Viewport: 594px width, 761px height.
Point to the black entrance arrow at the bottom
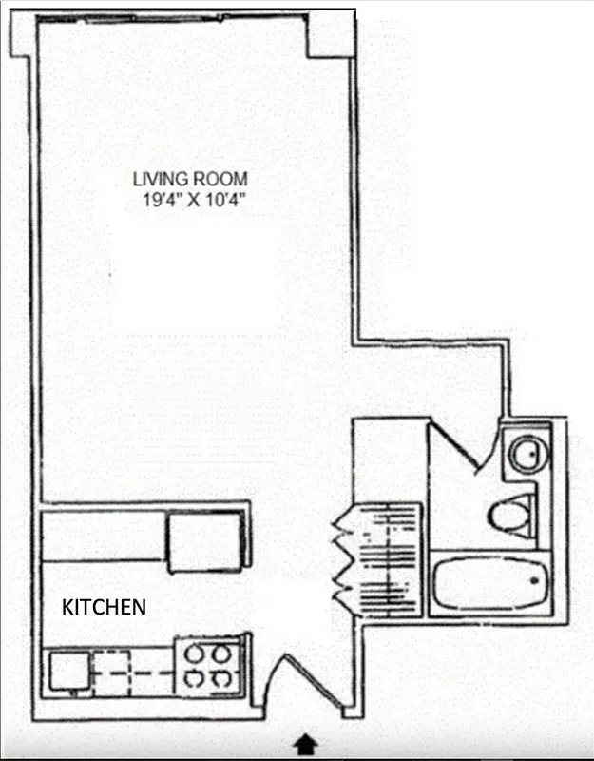(307, 741)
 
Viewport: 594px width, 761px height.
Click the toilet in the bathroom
(508, 518)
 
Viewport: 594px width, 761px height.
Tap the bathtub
(490, 581)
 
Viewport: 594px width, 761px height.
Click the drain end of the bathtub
(536, 578)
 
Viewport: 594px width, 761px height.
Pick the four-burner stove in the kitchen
(210, 667)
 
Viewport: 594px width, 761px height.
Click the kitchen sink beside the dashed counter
(68, 669)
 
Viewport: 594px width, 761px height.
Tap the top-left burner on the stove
(195, 654)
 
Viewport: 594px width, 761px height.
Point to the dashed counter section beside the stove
(132, 669)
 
